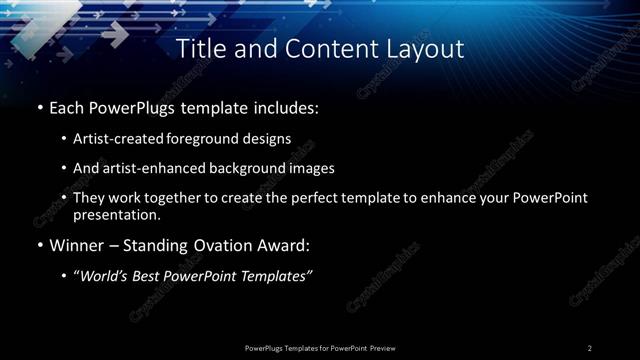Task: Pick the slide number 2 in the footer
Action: (590, 347)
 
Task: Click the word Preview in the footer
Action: (384, 347)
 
